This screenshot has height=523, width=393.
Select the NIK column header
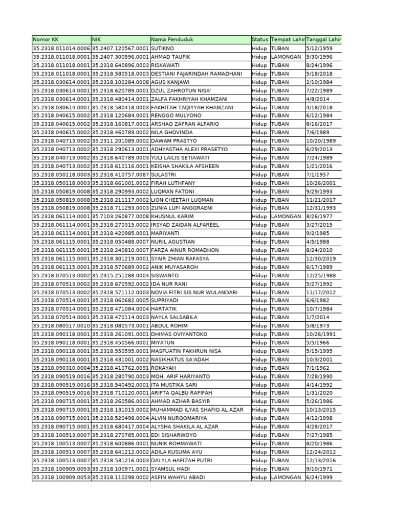point(97,40)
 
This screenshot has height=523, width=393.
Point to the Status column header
point(259,40)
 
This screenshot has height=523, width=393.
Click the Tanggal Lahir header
point(323,40)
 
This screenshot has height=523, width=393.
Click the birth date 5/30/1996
point(319,57)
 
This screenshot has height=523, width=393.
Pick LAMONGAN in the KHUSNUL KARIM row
point(286,217)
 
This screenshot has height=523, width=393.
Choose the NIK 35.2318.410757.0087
point(120,175)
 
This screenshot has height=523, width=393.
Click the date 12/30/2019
point(321,258)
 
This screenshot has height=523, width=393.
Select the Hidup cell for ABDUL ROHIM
point(259,326)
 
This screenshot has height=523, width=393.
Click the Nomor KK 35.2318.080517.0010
point(61,326)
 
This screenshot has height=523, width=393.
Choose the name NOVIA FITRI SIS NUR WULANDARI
point(194,292)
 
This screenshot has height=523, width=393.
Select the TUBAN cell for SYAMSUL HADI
point(280,469)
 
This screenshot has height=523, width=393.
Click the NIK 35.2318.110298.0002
point(120,477)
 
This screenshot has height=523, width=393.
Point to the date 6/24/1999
point(319,477)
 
